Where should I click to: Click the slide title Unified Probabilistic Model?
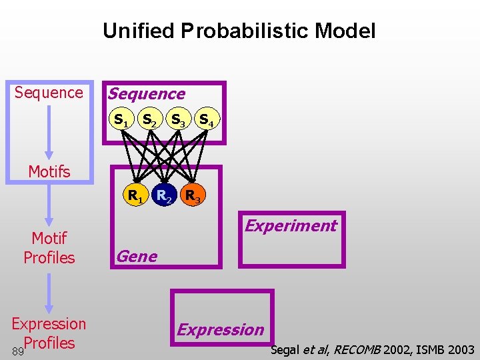(239, 31)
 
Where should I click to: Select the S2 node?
(149, 121)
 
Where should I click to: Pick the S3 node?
(178, 121)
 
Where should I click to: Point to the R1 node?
(135, 195)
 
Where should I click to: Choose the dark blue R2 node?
(164, 195)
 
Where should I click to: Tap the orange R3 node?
(193, 195)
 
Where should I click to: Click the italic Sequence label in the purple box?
(147, 94)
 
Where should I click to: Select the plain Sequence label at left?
(49, 93)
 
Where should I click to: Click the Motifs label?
(49, 172)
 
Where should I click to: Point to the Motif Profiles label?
(49, 247)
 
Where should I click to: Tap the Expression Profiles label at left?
(49, 333)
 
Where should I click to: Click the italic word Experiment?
(291, 225)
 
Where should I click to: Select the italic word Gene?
(137, 256)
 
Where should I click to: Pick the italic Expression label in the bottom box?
(220, 329)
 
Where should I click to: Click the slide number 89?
(17, 350)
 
